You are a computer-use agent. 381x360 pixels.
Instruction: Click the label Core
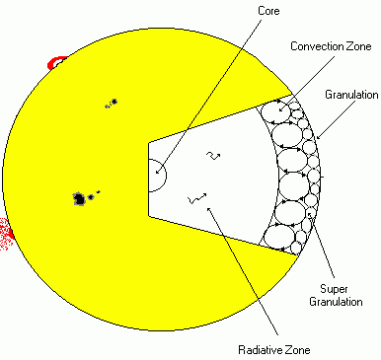(268, 11)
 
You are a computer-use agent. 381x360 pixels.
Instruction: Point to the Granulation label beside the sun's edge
(351, 95)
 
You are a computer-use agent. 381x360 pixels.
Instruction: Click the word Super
(334, 289)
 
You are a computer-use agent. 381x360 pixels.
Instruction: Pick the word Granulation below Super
(336, 302)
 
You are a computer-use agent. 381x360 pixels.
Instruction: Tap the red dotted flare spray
(5, 234)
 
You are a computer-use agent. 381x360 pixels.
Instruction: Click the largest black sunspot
(79, 199)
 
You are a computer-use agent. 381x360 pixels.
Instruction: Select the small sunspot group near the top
(112, 104)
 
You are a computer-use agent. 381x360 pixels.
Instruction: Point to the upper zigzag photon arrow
(213, 156)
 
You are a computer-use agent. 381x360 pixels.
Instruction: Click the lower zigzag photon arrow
(196, 198)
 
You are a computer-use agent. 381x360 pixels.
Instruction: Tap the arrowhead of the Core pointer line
(157, 172)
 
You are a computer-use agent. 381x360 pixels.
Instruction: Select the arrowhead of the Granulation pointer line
(318, 136)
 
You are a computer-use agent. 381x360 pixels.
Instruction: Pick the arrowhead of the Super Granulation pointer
(310, 215)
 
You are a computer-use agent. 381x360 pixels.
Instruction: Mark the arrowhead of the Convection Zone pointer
(280, 108)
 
